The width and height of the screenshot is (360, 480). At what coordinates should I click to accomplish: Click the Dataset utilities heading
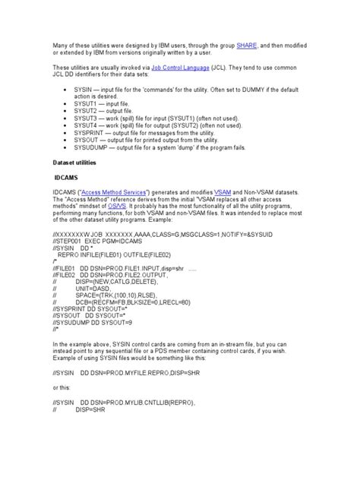[77, 163]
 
